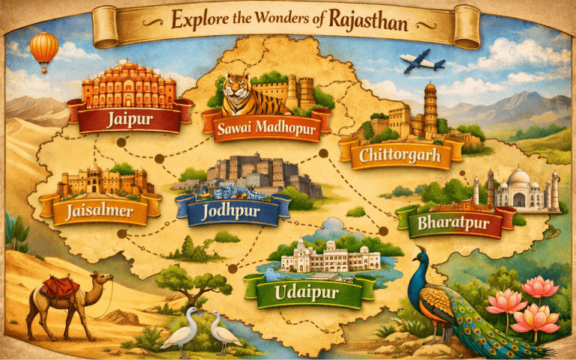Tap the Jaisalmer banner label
pos(99,211)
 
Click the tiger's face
pos(237,93)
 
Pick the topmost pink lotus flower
pos(540,287)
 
